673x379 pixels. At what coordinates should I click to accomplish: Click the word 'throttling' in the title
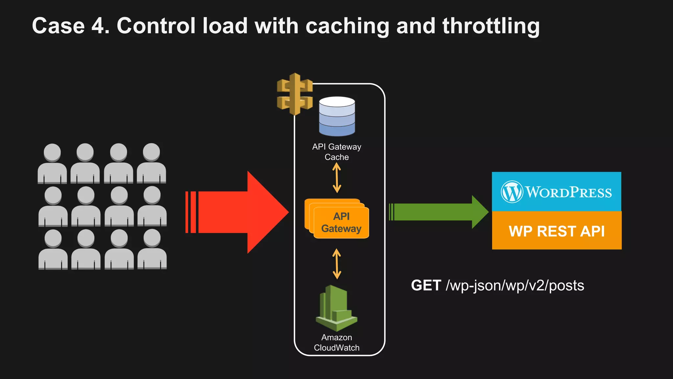click(491, 26)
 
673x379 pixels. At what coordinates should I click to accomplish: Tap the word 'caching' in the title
click(347, 26)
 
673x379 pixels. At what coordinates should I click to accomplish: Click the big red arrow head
click(266, 212)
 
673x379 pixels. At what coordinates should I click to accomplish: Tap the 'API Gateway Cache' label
click(336, 152)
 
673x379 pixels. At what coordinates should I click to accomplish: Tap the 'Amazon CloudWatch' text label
click(336, 342)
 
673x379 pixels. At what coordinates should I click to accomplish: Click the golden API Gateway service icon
click(294, 94)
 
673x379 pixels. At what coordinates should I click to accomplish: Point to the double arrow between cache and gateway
click(336, 178)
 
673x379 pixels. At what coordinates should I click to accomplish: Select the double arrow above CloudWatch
click(336, 264)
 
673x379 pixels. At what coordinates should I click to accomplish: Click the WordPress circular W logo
click(512, 192)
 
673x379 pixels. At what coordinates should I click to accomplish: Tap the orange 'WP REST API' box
click(556, 231)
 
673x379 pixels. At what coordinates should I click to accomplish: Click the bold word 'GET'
click(426, 285)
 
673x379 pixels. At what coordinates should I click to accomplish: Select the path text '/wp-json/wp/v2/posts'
click(515, 286)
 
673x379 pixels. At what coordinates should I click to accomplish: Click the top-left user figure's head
click(52, 152)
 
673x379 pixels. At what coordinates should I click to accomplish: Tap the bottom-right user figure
click(152, 250)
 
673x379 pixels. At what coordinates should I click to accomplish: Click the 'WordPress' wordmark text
click(569, 192)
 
